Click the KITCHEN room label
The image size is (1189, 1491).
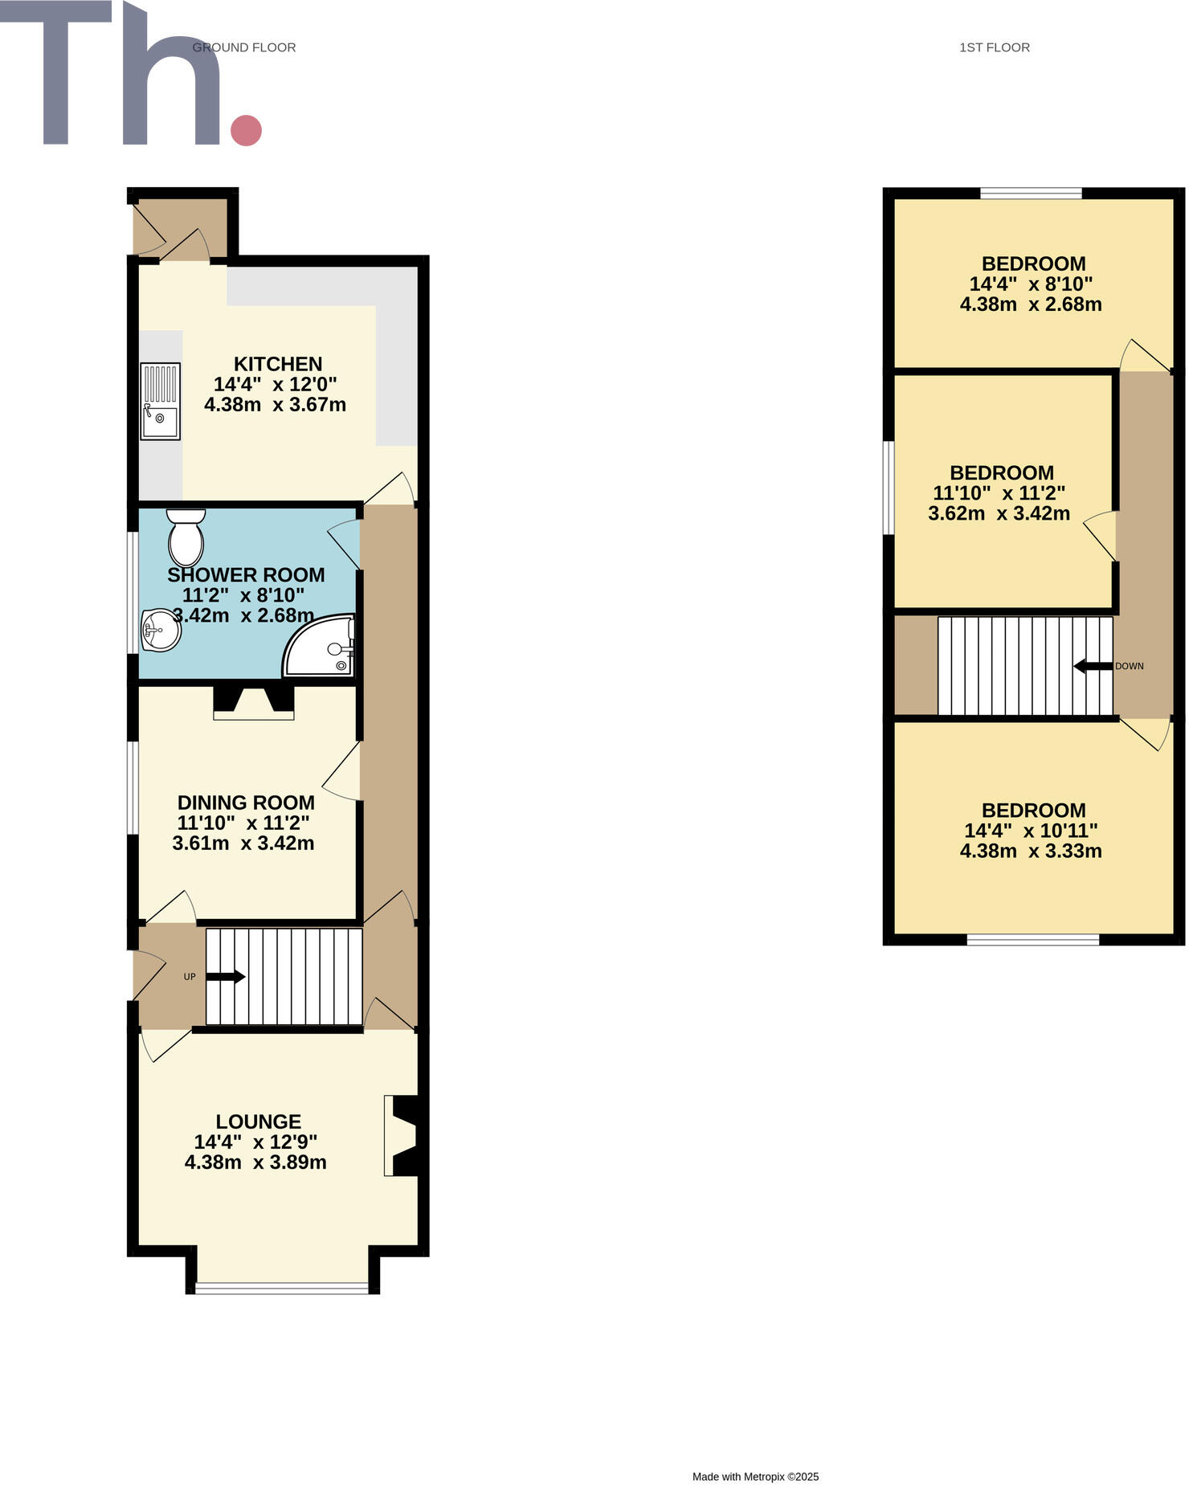pyautogui.click(x=277, y=364)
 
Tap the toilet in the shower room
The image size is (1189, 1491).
pyautogui.click(x=186, y=537)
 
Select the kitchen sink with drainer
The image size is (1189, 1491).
pyautogui.click(x=160, y=402)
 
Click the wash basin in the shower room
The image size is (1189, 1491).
pyautogui.click(x=161, y=631)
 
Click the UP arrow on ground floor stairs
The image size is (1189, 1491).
pyautogui.click(x=226, y=977)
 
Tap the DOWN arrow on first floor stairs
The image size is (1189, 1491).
pyautogui.click(x=1093, y=666)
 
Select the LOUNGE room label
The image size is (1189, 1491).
pyautogui.click(x=258, y=1121)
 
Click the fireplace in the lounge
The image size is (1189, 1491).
pyautogui.click(x=402, y=1136)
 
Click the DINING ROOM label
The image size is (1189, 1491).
pyautogui.click(x=246, y=803)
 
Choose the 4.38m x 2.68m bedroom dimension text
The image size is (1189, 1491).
pyautogui.click(x=1031, y=304)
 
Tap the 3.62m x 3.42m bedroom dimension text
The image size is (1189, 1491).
pyautogui.click(x=999, y=513)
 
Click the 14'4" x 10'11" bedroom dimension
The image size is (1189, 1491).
pyautogui.click(x=1031, y=831)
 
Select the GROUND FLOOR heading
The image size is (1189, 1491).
pyautogui.click(x=244, y=47)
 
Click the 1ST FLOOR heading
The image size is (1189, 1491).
pyautogui.click(x=995, y=47)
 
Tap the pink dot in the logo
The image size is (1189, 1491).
pyautogui.click(x=247, y=130)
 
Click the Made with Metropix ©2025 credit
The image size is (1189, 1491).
pyautogui.click(x=755, y=1477)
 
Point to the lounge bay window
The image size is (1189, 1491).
pyautogui.click(x=283, y=1289)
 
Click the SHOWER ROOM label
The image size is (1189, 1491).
pyautogui.click(x=246, y=575)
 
